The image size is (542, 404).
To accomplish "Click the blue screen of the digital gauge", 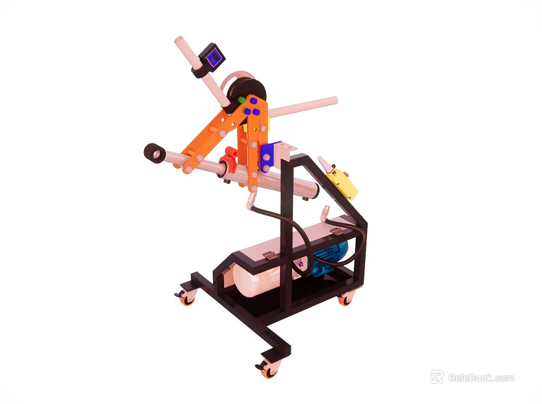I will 214,59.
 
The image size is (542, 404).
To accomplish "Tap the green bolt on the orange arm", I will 241,100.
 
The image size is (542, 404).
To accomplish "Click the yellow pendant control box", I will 344,183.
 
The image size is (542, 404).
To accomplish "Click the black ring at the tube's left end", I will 154,153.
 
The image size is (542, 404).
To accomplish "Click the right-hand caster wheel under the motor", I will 345,299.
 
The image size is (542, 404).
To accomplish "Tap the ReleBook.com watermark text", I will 481,377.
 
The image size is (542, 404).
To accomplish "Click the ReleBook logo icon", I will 437,377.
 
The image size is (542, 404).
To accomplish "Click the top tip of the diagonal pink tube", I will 179,43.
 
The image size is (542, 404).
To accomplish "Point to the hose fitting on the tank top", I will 325,213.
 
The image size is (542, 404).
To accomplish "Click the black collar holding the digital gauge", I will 200,69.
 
